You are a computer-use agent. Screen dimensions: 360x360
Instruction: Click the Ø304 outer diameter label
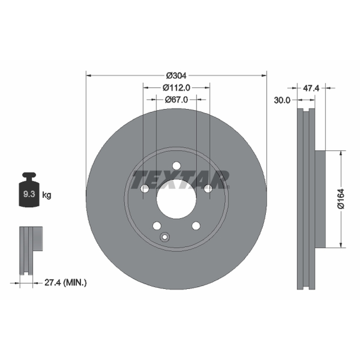[176, 75]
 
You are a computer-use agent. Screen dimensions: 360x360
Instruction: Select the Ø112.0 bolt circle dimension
[176, 87]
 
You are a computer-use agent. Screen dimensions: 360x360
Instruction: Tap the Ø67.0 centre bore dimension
[176, 99]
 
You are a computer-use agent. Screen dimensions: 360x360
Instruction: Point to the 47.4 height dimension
[311, 88]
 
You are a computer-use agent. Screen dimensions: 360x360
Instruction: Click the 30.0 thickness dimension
[282, 100]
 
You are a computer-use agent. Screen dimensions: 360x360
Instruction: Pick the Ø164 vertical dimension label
[341, 199]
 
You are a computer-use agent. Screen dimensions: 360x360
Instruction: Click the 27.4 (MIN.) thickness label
[65, 283]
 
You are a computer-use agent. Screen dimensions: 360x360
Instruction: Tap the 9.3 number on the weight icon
[29, 194]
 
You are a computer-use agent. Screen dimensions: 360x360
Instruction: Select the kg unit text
[47, 195]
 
